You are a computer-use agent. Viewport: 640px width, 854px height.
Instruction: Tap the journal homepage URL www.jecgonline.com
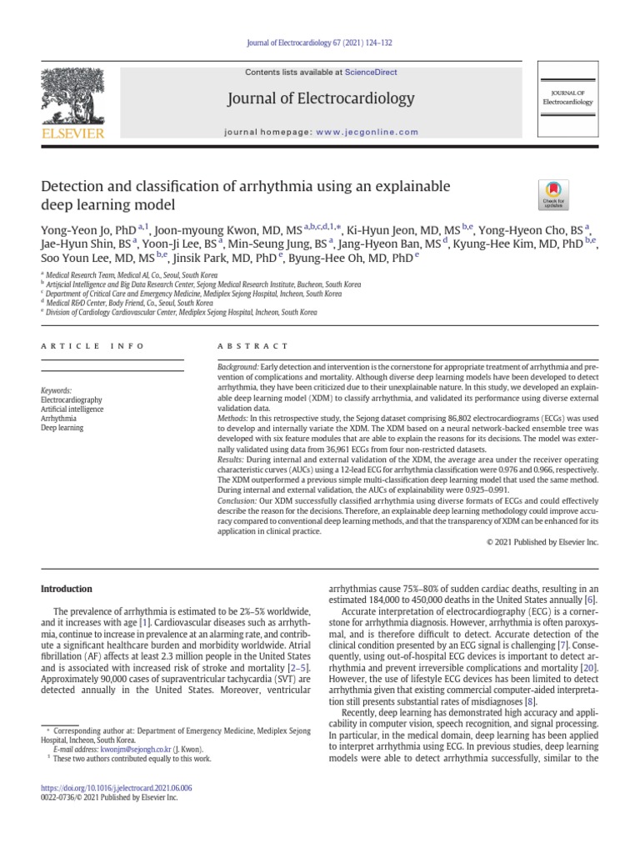coord(367,132)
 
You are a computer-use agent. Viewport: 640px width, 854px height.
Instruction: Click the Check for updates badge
coord(553,193)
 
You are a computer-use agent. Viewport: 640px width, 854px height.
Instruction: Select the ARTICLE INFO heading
coord(92,345)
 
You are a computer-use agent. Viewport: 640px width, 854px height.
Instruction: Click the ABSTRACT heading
coord(252,345)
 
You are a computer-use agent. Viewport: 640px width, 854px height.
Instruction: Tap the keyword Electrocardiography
coord(73,399)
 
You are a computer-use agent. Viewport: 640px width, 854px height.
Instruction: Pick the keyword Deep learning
coord(62,428)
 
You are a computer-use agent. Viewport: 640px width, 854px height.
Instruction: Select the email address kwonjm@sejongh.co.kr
coord(136,749)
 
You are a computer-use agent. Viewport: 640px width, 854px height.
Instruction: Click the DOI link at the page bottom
coord(117,786)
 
